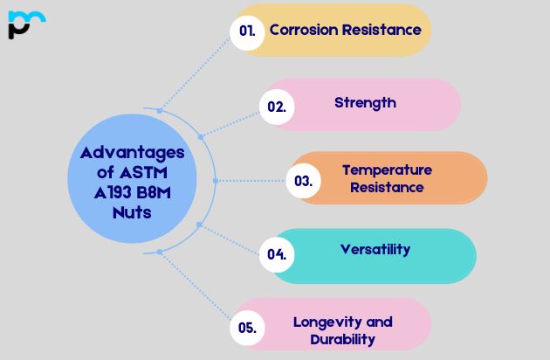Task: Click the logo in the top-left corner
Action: point(26,24)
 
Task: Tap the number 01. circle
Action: point(247,31)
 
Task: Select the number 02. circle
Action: point(277,107)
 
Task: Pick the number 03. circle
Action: point(303,182)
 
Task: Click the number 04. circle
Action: point(277,255)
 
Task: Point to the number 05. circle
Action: point(247,329)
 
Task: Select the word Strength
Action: point(365,102)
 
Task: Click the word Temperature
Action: point(387,170)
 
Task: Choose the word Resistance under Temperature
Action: point(387,187)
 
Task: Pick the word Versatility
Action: point(375,249)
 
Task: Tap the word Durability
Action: point(342,339)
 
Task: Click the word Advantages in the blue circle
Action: point(132,152)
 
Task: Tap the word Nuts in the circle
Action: point(131,211)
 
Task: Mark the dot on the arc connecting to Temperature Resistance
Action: point(215,181)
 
